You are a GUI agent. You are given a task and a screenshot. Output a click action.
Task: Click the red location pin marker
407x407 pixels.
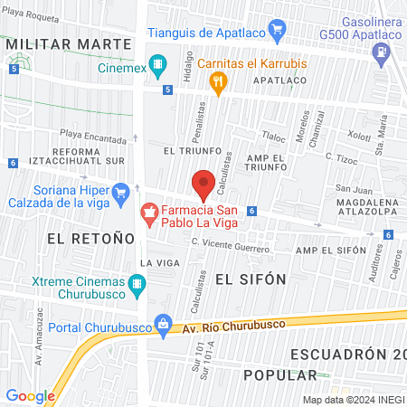point(203,184)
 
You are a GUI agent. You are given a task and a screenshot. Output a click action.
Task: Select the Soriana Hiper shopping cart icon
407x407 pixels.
point(120,191)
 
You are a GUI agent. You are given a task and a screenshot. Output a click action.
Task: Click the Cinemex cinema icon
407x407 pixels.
point(158,65)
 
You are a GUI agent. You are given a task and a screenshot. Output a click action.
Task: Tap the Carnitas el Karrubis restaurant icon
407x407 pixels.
point(217,81)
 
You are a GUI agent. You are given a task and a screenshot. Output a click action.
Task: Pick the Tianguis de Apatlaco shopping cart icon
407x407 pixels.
point(278,33)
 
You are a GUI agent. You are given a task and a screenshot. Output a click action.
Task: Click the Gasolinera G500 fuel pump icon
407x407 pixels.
point(384,52)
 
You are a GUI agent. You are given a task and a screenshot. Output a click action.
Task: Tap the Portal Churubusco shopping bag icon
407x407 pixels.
point(163,322)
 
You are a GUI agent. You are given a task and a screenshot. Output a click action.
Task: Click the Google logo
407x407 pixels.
point(30,395)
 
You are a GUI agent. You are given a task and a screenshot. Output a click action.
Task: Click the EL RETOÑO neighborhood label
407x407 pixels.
point(90,238)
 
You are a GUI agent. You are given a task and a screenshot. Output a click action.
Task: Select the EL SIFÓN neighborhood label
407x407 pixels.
point(251,279)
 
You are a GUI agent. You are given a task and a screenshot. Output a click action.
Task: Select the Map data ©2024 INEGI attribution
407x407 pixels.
point(353,400)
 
